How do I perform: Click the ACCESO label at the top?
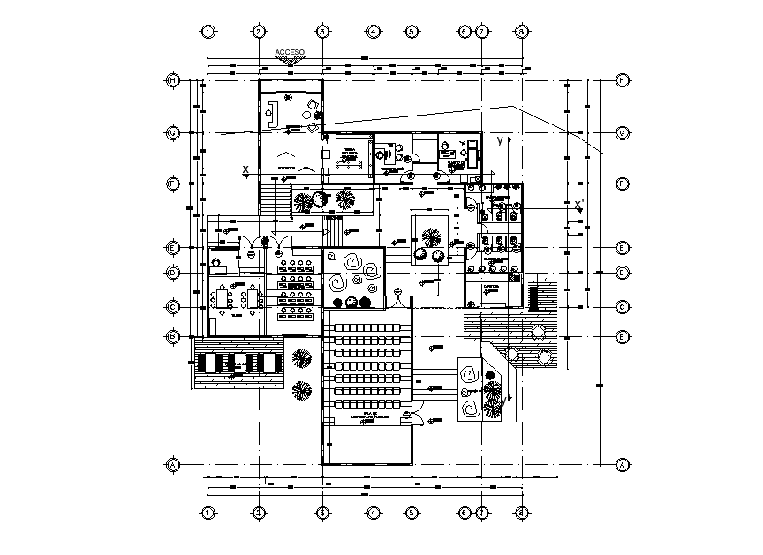[x=290, y=53]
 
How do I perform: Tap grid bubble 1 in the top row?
[x=208, y=32]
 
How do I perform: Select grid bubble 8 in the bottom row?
[x=522, y=512]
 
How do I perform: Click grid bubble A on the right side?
[x=623, y=464]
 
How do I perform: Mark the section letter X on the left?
[x=246, y=169]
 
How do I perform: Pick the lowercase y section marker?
[x=500, y=140]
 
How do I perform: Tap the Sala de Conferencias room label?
[x=365, y=416]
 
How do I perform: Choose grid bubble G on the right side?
[x=623, y=133]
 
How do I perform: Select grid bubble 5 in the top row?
[x=412, y=32]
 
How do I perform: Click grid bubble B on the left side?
[x=174, y=336]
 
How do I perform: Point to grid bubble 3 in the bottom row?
[x=322, y=512]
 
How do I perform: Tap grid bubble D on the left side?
[x=174, y=273]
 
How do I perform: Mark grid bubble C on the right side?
[x=623, y=307]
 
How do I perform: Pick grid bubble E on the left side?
[x=174, y=248]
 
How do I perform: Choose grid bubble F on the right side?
[x=623, y=184]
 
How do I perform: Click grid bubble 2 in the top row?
[x=259, y=32]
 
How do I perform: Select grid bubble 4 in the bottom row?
[x=374, y=512]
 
